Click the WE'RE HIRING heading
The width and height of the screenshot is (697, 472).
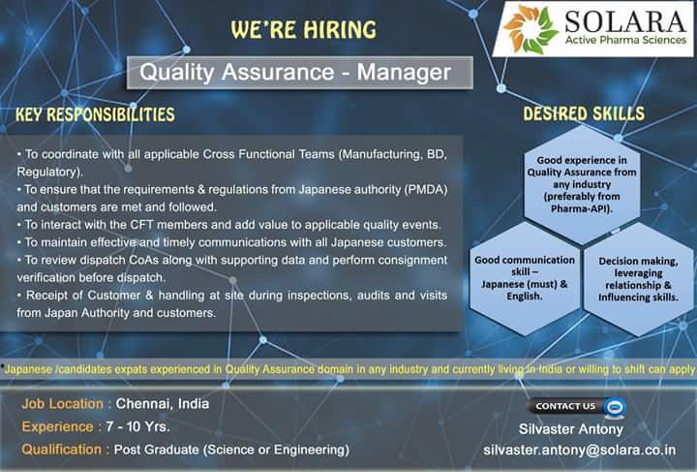click(304, 30)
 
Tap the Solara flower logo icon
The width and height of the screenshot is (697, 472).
click(526, 29)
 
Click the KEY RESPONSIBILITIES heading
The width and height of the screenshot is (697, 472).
click(96, 115)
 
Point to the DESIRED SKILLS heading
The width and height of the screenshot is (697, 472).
click(584, 114)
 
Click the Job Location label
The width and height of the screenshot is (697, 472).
click(64, 403)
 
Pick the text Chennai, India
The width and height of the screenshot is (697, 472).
click(163, 403)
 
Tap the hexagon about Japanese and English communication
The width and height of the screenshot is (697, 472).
click(526, 278)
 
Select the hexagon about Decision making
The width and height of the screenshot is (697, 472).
click(639, 278)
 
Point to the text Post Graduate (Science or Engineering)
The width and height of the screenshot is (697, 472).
click(231, 450)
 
